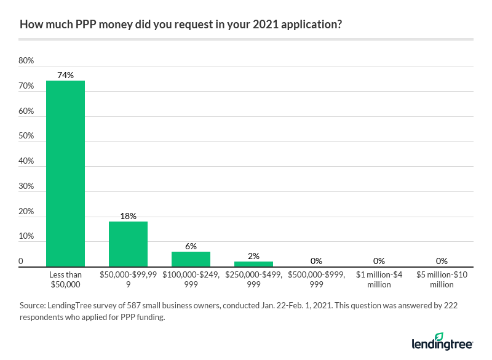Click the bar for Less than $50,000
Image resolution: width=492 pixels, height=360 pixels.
[65, 174]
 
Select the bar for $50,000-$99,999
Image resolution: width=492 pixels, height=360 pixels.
[128, 244]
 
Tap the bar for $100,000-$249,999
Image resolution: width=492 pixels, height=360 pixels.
[191, 259]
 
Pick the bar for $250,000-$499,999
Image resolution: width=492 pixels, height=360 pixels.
[253, 264]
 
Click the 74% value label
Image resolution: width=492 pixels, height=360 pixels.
[65, 75]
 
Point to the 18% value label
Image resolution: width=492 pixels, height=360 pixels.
[128, 216]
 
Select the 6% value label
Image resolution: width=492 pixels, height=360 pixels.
[191, 246]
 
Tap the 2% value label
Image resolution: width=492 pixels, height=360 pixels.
[253, 256]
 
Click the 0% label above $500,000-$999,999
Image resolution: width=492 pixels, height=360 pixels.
[316, 261]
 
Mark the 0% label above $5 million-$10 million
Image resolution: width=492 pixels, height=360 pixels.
[442, 261]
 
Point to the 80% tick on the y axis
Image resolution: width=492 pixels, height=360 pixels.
[26, 61]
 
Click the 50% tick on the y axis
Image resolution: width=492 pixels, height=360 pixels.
[26, 136]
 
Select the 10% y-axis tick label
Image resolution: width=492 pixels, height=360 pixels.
[26, 236]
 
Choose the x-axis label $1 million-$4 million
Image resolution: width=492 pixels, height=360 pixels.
[379, 279]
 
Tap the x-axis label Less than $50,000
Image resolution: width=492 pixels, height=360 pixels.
[65, 279]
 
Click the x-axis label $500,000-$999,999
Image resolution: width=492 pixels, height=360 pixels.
[316, 279]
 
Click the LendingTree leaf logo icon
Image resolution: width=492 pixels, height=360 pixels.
[438, 338]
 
